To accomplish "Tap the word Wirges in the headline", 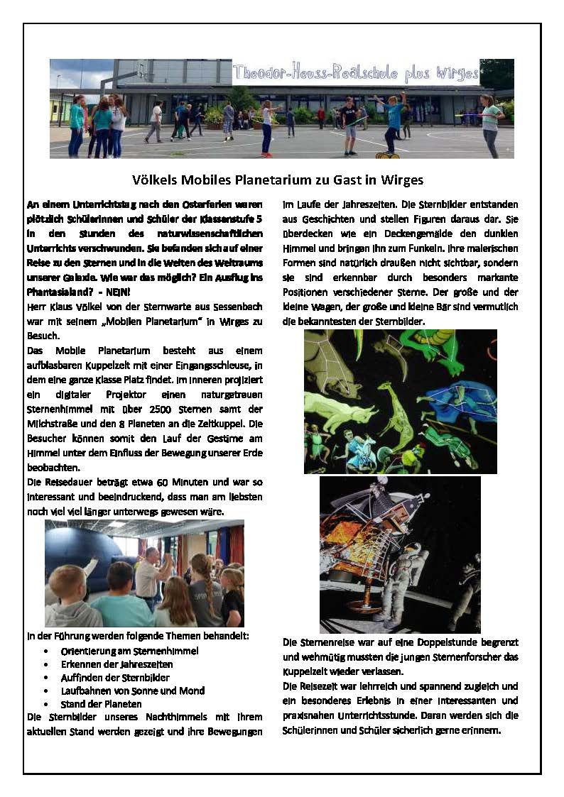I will pyautogui.click(x=403, y=181).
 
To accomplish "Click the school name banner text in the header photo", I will pyautogui.click(x=355, y=72).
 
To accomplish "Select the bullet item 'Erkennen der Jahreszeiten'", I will pyautogui.click(x=116, y=664).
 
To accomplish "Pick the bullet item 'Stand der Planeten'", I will pyautogui.click(x=101, y=704).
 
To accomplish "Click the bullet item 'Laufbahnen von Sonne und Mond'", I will pyautogui.click(x=133, y=691).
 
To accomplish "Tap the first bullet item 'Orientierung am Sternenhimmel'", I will pyautogui.click(x=129, y=651).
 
